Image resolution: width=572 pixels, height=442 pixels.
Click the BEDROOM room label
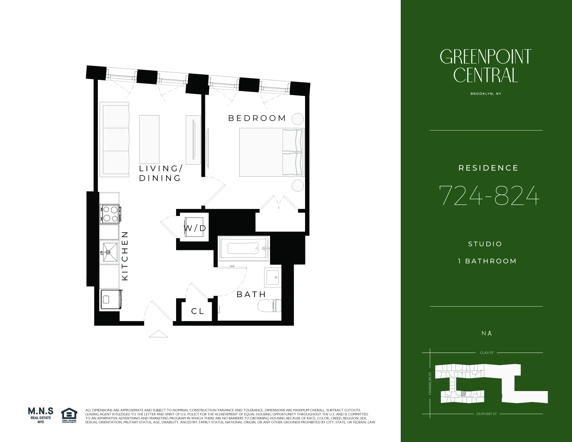click(x=257, y=118)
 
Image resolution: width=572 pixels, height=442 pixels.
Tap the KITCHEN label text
click(x=125, y=256)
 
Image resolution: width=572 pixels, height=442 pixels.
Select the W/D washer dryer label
click(x=195, y=228)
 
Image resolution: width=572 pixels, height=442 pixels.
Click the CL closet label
click(x=198, y=311)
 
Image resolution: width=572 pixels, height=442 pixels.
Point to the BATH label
click(x=251, y=294)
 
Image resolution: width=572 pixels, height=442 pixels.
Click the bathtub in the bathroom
click(x=244, y=249)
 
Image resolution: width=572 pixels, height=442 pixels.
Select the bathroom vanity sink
click(x=272, y=277)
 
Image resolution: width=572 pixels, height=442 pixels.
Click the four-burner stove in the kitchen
click(x=110, y=214)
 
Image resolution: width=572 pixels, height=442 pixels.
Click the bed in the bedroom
click(x=271, y=152)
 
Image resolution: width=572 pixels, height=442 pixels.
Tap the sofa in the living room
click(x=115, y=139)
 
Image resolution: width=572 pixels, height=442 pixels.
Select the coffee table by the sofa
click(x=149, y=139)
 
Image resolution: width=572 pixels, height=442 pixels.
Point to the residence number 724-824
click(x=489, y=196)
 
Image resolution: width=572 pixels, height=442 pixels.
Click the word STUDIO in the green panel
click(x=485, y=244)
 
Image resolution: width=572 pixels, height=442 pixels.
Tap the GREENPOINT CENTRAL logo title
click(x=485, y=66)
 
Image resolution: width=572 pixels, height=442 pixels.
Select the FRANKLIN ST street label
click(x=430, y=383)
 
